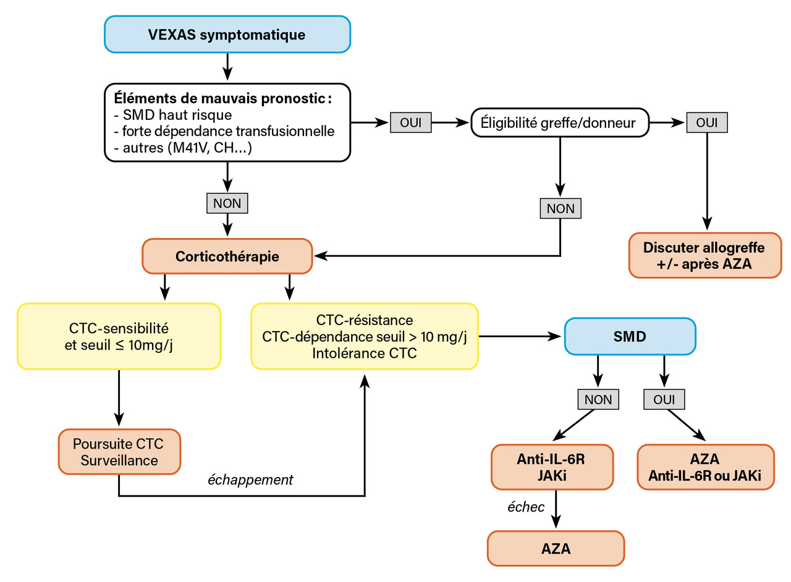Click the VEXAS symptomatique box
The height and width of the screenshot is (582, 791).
click(x=227, y=35)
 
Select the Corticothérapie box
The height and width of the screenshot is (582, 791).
click(x=227, y=256)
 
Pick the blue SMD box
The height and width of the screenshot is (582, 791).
click(x=630, y=336)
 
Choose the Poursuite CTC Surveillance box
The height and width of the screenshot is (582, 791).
click(x=119, y=452)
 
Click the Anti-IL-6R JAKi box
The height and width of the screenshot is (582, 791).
click(x=552, y=467)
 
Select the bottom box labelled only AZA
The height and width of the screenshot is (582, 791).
click(x=556, y=547)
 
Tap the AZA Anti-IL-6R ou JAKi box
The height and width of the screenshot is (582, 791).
click(x=704, y=467)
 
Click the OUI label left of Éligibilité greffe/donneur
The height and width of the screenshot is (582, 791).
click(x=410, y=123)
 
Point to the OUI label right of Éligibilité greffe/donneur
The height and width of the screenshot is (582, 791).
click(x=707, y=123)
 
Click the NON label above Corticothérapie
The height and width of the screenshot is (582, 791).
click(x=227, y=203)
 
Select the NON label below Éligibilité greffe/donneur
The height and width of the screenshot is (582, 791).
click(x=560, y=208)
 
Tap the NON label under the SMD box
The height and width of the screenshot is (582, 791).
click(x=598, y=400)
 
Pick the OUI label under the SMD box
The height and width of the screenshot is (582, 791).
click(x=664, y=400)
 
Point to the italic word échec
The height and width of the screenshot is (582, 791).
click(x=526, y=507)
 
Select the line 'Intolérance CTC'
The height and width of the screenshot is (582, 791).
click(x=364, y=353)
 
